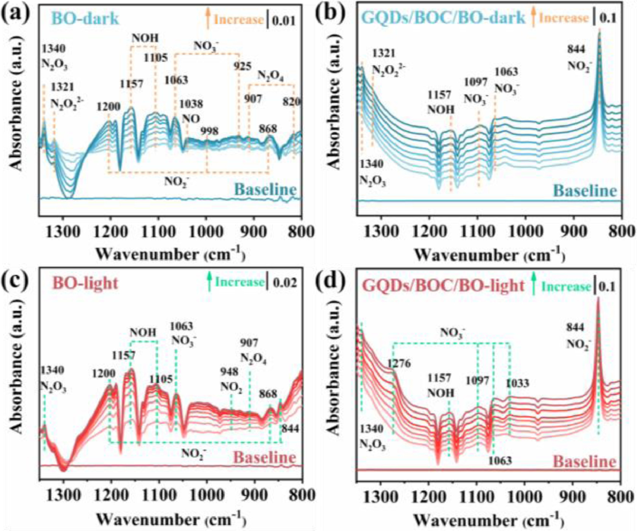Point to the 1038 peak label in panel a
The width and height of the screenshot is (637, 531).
pyautogui.click(x=191, y=104)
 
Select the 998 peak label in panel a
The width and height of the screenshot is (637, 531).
pyautogui.click(x=209, y=131)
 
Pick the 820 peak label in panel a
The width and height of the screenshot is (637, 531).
pyautogui.click(x=292, y=102)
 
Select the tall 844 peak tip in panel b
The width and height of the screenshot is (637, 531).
pyautogui.click(x=599, y=34)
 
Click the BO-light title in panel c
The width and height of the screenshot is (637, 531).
pyautogui.click(x=85, y=283)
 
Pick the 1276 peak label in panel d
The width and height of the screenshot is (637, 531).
pyautogui.click(x=399, y=364)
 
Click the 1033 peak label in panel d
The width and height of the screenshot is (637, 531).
pyautogui.click(x=518, y=383)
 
